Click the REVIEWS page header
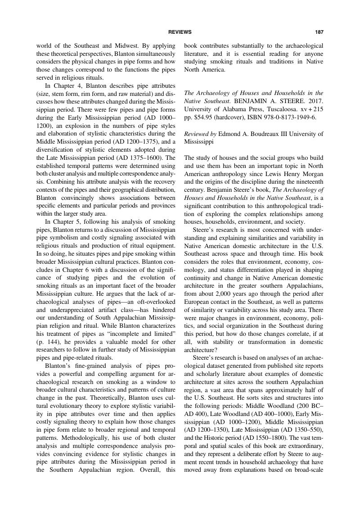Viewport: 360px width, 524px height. (180, 32)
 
